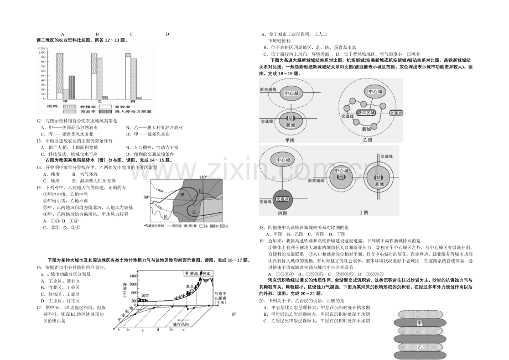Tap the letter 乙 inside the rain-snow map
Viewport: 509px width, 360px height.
194,211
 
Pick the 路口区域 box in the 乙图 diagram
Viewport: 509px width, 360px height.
366,112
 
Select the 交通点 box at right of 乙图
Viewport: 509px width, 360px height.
397,112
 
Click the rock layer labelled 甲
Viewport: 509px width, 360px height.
420,323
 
